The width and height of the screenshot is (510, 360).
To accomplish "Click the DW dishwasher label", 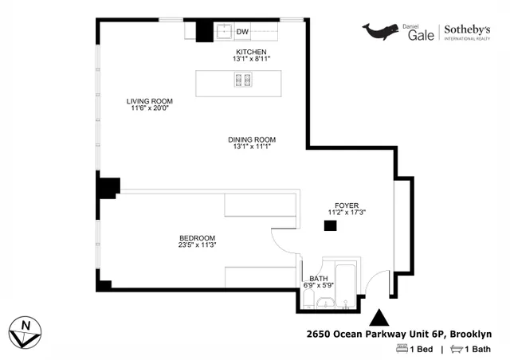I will pyautogui.click(x=243, y=32).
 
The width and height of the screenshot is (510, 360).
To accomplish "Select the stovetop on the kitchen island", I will pyautogui.click(x=241, y=80).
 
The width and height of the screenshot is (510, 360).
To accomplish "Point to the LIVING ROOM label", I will pyautogui.click(x=149, y=101).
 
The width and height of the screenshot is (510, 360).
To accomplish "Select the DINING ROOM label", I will pyautogui.click(x=251, y=139).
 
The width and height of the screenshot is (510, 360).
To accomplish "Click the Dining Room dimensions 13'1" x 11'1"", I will pyautogui.click(x=251, y=147).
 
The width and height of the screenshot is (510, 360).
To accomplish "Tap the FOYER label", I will pyautogui.click(x=346, y=205).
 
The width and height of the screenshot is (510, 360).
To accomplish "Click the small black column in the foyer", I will pyautogui.click(x=328, y=226).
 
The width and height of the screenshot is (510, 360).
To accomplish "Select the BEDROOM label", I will pyautogui.click(x=197, y=238).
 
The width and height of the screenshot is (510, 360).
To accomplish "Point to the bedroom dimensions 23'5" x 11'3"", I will pyautogui.click(x=197, y=245).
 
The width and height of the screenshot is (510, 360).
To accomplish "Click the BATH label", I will pyautogui.click(x=317, y=278).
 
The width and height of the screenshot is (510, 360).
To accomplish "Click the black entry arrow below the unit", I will pyautogui.click(x=379, y=317).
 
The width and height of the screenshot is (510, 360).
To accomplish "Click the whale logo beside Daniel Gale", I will pyautogui.click(x=382, y=30).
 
